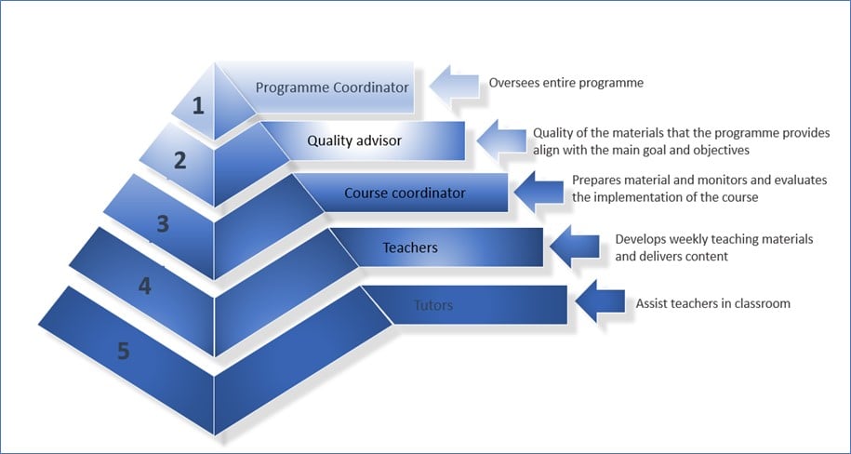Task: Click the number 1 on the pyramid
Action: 199,106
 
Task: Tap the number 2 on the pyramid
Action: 180,160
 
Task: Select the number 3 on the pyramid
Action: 163,223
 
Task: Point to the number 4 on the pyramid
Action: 144,287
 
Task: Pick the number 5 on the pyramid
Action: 124,352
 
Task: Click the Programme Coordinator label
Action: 332,87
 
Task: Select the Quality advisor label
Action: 354,140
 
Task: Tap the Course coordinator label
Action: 405,193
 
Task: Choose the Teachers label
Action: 410,247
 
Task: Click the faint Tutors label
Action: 433,305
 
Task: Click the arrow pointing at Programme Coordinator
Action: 455,87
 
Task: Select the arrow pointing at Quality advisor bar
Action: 501,140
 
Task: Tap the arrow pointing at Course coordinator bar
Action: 539,192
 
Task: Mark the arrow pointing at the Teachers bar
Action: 576,247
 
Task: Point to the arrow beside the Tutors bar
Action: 600,301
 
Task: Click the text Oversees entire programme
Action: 566,83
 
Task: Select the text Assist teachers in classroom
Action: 712,303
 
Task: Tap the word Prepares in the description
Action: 596,180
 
